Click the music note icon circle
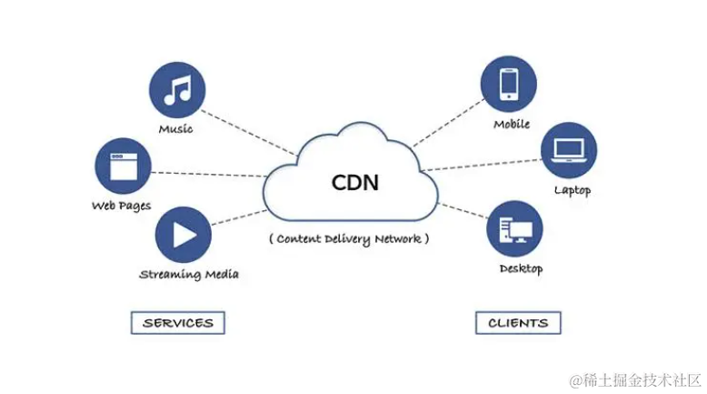pyautogui.click(x=177, y=90)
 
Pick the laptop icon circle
pyautogui.click(x=569, y=149)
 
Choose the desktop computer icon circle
pyautogui.click(x=514, y=228)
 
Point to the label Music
pyautogui.click(x=175, y=129)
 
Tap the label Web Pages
pyautogui.click(x=121, y=206)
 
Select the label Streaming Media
pyautogui.click(x=189, y=274)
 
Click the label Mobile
pyautogui.click(x=512, y=124)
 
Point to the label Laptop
pyautogui.click(x=573, y=190)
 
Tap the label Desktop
pyautogui.click(x=521, y=268)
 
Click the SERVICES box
pyautogui.click(x=178, y=322)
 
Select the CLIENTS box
pyautogui.click(x=518, y=322)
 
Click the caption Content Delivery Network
pyautogui.click(x=348, y=238)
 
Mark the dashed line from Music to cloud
pyautogui.click(x=247, y=132)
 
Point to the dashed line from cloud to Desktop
pyautogui.click(x=463, y=211)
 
